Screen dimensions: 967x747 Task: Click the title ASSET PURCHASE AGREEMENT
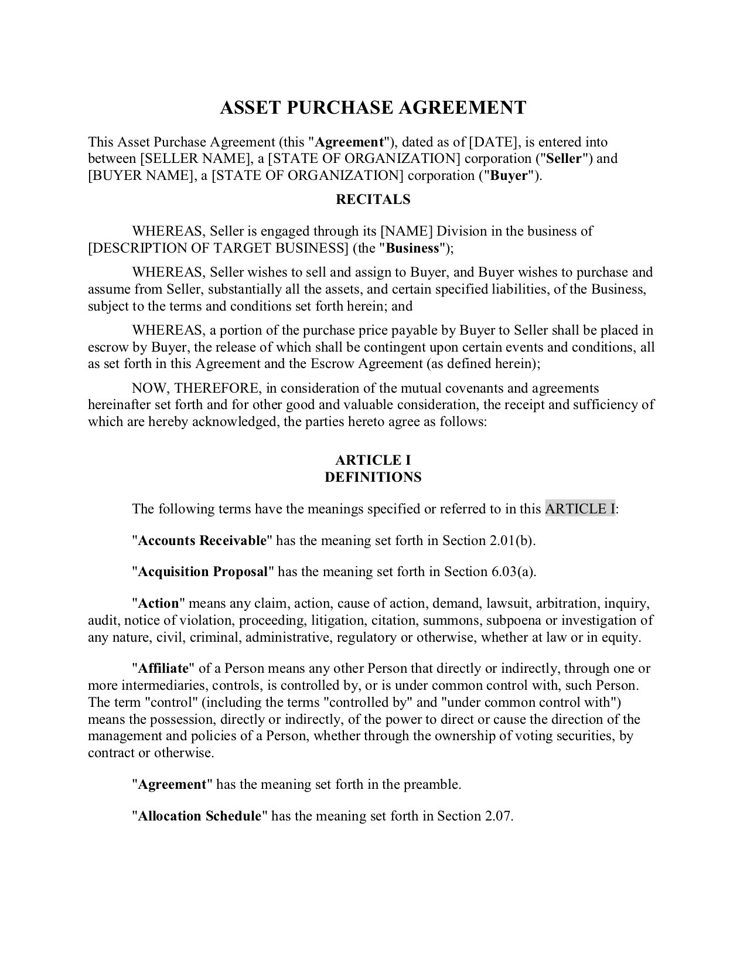coord(373,108)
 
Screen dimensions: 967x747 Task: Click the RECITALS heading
coord(373,199)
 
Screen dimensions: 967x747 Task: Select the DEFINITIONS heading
coord(373,477)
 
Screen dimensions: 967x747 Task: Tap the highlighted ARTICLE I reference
coord(580,509)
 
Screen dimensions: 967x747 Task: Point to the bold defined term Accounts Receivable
coord(202,540)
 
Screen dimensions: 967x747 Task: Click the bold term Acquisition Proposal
coord(203,572)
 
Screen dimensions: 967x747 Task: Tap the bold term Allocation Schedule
coord(199,816)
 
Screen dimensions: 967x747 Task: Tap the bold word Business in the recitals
coord(412,248)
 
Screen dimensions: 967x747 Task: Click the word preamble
coord(434,785)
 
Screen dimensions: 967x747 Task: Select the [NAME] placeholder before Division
coord(407,231)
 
